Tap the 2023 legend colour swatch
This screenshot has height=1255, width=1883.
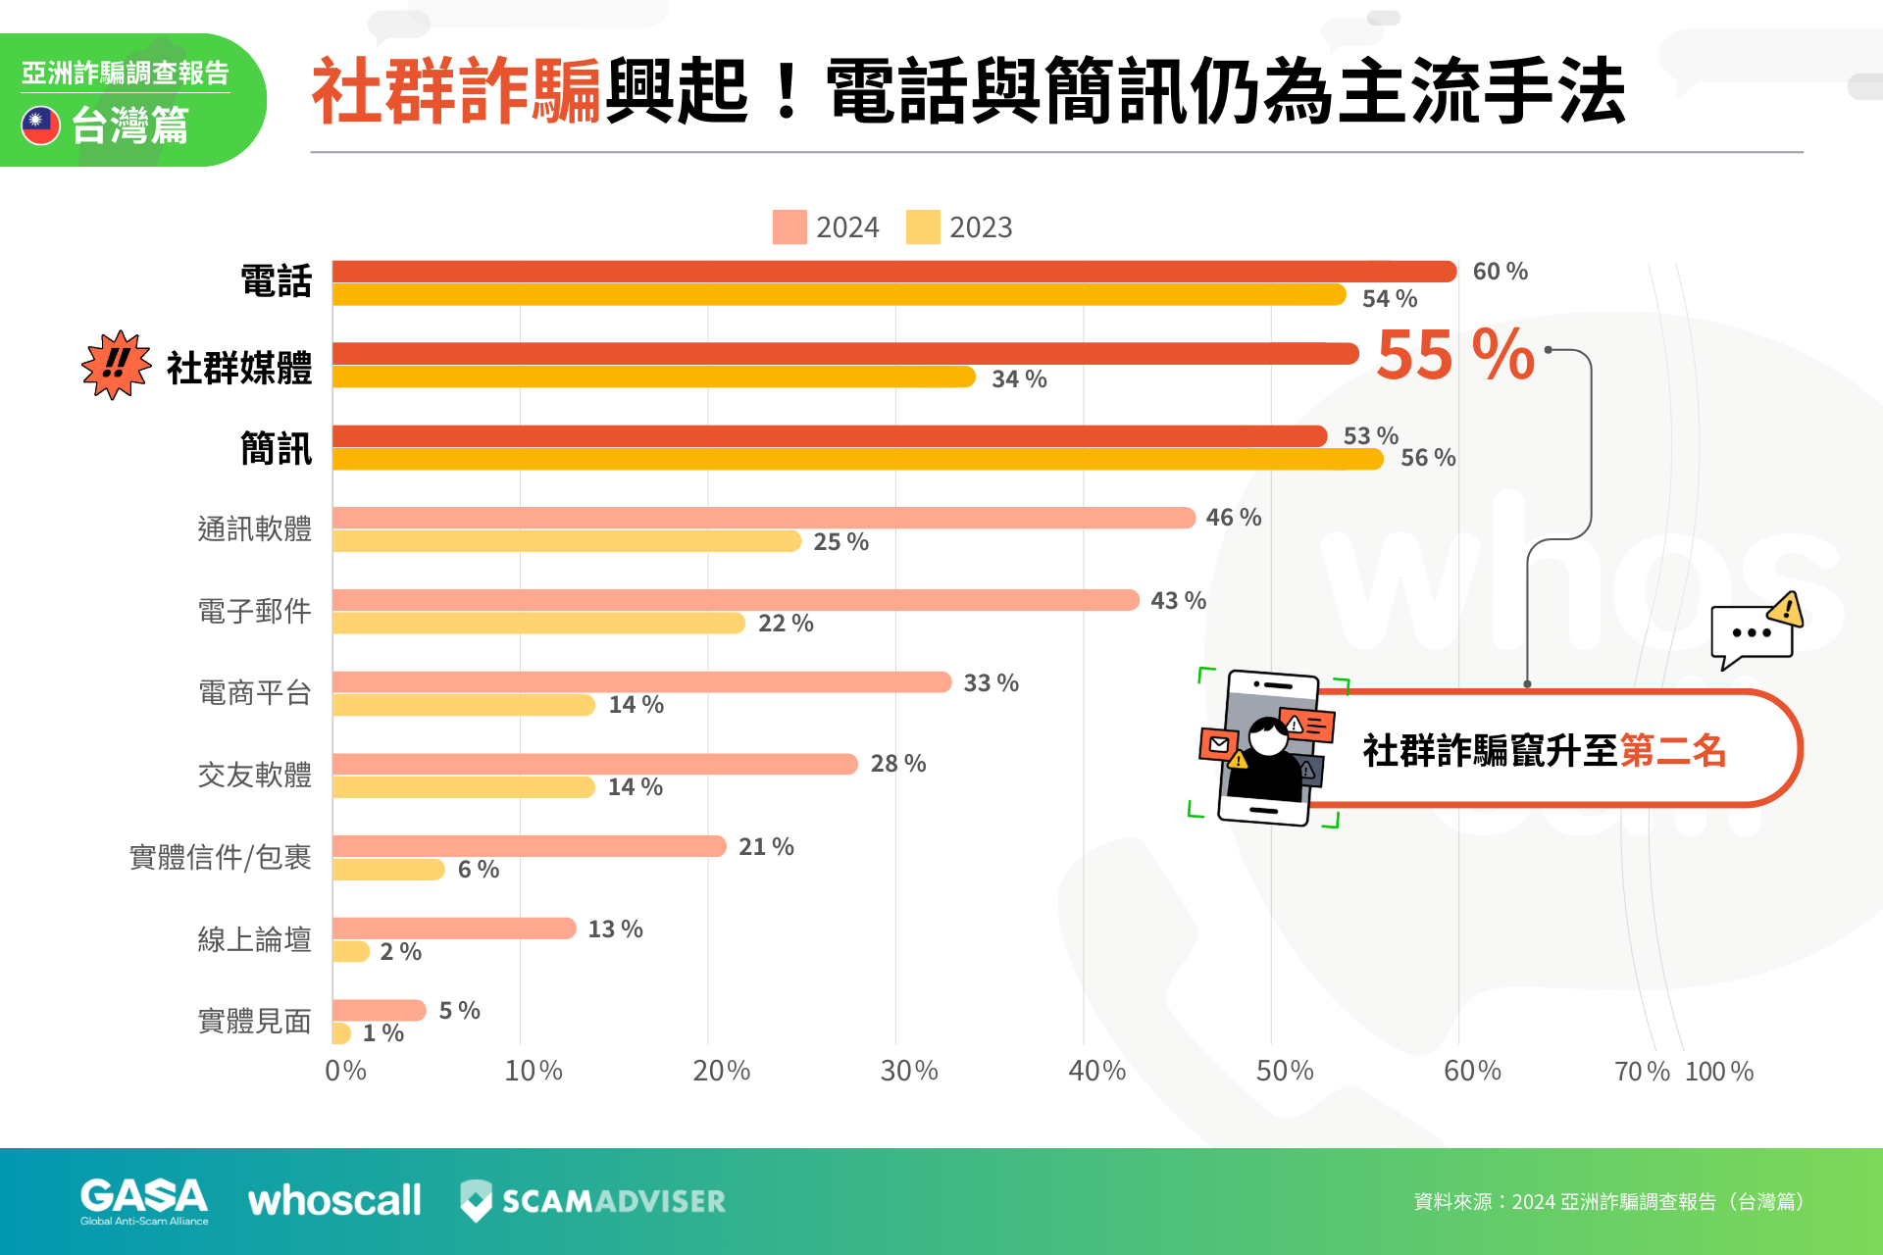click(922, 226)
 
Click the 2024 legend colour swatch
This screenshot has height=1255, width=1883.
click(789, 226)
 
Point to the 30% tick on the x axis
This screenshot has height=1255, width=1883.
click(909, 1071)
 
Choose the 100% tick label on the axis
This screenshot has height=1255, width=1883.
click(1719, 1072)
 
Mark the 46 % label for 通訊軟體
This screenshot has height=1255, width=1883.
click(1233, 518)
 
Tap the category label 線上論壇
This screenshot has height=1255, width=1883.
click(254, 939)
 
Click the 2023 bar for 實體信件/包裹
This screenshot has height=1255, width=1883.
click(388, 870)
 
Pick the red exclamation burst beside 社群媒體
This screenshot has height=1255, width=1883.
click(116, 365)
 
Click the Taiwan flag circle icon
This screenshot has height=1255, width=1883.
click(41, 125)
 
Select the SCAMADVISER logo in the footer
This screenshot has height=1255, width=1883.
click(593, 1201)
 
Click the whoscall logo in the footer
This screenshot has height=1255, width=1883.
click(334, 1201)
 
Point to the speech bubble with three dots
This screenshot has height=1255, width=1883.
click(1753, 633)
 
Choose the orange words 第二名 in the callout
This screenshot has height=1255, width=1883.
click(1673, 751)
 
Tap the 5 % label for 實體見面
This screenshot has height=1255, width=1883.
click(459, 1011)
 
